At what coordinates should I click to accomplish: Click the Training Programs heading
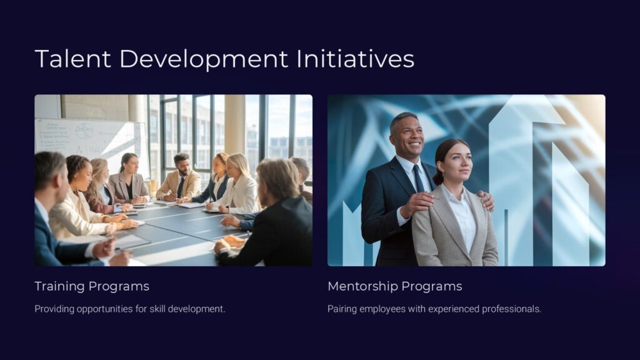click(x=92, y=286)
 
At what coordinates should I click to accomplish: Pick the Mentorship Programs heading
click(x=395, y=286)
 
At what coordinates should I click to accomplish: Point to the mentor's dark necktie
click(x=417, y=179)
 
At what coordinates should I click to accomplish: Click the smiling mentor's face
click(x=407, y=135)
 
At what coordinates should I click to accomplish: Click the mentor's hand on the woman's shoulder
click(x=417, y=202)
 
